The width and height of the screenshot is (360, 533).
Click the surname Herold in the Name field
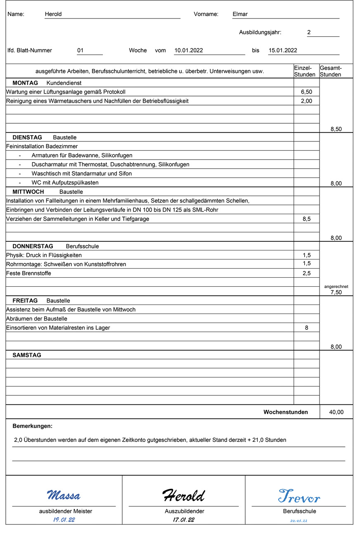(53, 14)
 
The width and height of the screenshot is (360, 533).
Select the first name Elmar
(240, 14)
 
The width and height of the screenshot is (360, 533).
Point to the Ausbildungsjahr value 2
(309, 32)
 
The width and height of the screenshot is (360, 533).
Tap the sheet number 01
(81, 50)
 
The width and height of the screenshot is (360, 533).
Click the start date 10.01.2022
(188, 50)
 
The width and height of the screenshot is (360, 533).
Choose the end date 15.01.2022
(283, 50)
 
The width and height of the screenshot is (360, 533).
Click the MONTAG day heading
(25, 83)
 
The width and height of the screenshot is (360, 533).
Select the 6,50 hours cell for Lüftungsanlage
(306, 92)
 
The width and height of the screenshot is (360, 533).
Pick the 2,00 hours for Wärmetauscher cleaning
(306, 101)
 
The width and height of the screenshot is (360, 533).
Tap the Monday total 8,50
(336, 129)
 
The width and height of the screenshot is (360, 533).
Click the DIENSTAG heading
(27, 137)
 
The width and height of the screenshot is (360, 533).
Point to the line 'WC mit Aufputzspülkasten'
(65, 183)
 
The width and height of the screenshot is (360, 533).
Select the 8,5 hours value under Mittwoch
(306, 219)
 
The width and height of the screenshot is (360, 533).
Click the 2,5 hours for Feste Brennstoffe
(306, 273)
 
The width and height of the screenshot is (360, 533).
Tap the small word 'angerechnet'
(336, 286)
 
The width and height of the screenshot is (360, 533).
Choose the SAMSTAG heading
(27, 355)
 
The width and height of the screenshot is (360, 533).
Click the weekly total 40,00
(336, 412)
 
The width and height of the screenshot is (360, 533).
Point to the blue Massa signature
(64, 495)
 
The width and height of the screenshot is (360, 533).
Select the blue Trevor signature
(299, 496)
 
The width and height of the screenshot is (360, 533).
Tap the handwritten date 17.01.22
(184, 520)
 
